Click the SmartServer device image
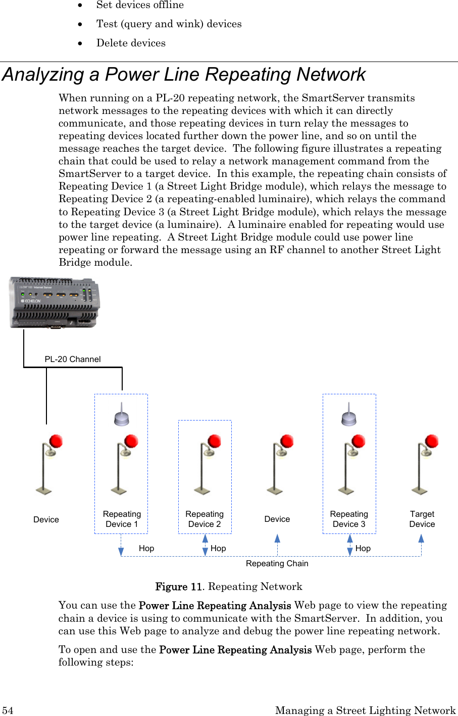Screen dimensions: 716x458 (x=55, y=303)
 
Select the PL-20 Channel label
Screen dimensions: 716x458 (x=73, y=359)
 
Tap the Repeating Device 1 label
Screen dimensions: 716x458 (x=122, y=519)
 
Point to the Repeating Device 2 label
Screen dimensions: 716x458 (x=205, y=519)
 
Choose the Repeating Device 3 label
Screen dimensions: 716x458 (x=349, y=519)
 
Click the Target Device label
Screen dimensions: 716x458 (x=422, y=519)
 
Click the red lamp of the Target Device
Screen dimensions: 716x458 (x=432, y=442)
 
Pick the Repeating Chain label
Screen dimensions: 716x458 (x=277, y=563)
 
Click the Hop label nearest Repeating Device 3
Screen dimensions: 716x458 (x=363, y=548)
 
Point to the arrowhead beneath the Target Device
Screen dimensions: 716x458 (x=421, y=538)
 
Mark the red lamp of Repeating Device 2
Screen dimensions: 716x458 (x=215, y=442)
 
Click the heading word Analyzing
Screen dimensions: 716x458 (x=43, y=75)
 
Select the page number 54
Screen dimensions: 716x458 (x=8, y=710)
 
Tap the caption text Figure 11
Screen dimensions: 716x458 (x=178, y=586)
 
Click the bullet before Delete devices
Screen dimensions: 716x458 (x=80, y=43)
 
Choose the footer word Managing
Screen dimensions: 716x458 (x=301, y=710)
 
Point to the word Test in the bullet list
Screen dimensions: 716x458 (x=107, y=24)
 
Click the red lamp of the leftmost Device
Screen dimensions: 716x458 (x=56, y=442)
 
